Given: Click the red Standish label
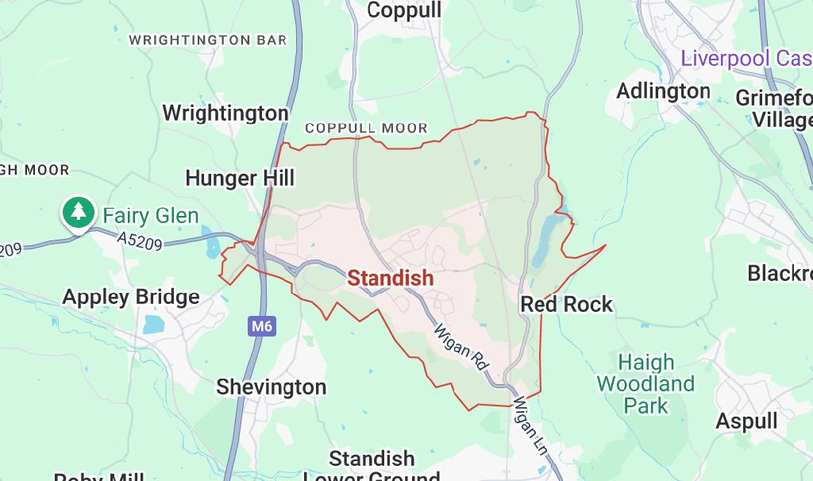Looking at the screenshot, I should (x=391, y=278).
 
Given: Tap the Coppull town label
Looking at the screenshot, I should (x=404, y=10).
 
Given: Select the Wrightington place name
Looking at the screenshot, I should (x=225, y=113).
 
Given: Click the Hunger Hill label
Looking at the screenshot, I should (x=240, y=178).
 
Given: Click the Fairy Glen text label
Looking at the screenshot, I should (x=150, y=215).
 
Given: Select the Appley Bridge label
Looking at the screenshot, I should (x=131, y=297).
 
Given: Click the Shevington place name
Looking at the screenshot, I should (x=272, y=387).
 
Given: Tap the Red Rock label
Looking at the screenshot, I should (x=567, y=304).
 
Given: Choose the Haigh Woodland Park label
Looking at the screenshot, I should (x=645, y=384).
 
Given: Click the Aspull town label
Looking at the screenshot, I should (x=746, y=421).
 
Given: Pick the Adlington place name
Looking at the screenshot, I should (x=663, y=91).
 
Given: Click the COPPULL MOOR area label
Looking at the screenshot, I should (x=366, y=128).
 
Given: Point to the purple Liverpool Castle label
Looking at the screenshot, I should (x=746, y=58).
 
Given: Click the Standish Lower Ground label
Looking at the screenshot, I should (x=372, y=467).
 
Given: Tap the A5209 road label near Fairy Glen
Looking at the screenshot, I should (x=140, y=240).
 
